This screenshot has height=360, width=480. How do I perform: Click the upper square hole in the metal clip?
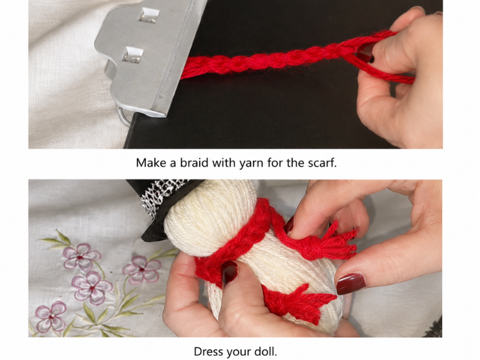[149, 15]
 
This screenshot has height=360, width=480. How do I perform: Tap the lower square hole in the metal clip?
[133, 55]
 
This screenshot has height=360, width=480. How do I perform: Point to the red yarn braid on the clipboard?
[275, 59]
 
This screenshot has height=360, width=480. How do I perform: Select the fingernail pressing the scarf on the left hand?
[229, 273]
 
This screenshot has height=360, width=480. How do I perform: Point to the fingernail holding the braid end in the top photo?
[366, 53]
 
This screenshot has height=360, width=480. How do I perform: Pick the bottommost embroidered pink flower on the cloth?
[50, 316]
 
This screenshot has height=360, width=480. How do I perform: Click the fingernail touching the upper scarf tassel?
[289, 224]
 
